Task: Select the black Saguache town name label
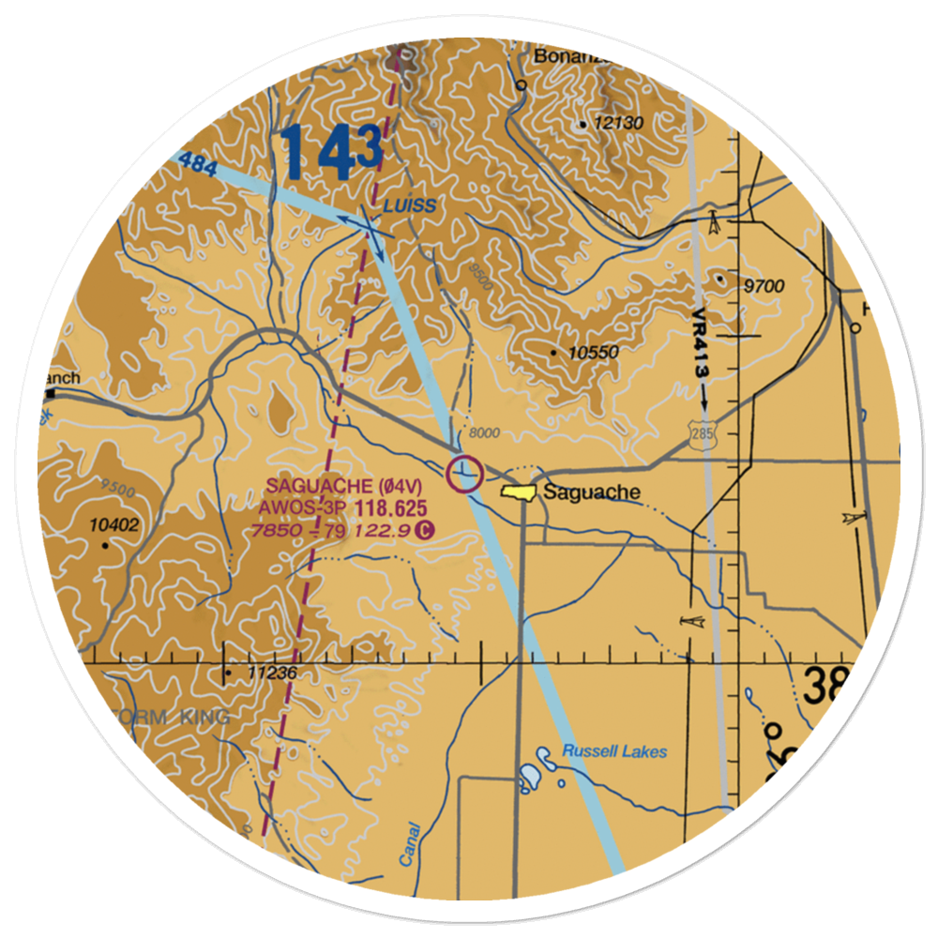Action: point(592,492)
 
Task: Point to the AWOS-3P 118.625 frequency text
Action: point(344,508)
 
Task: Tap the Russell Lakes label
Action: point(614,751)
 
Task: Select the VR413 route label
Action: point(701,343)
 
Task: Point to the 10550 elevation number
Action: point(594,353)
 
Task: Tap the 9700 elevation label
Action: point(761,286)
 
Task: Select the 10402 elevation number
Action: point(114,525)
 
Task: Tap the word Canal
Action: point(407,845)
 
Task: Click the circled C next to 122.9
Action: point(425,531)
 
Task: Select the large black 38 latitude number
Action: point(825,687)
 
